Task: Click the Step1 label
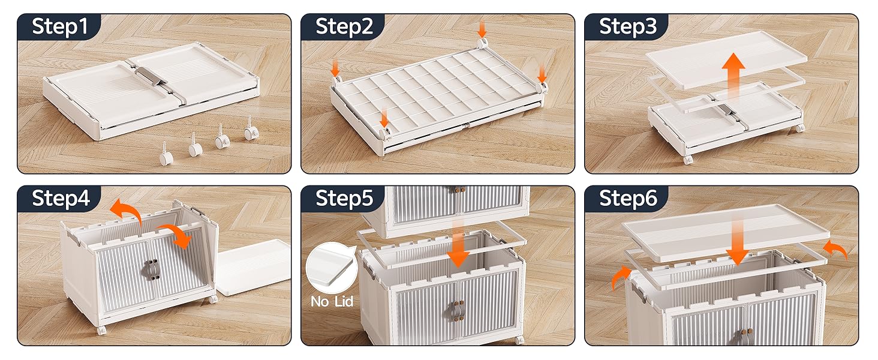pos(60,26)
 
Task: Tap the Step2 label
pos(344,26)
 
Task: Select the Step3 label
pos(628,26)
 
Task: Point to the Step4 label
pos(61,198)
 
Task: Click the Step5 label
pos(344,198)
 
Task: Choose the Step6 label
pos(628,198)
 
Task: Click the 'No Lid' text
pos(332,301)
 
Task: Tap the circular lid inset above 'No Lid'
pos(331,268)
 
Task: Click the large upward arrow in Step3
pos(733,76)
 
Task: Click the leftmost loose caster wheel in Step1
pos(166,154)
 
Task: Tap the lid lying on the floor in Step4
pos(254,267)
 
